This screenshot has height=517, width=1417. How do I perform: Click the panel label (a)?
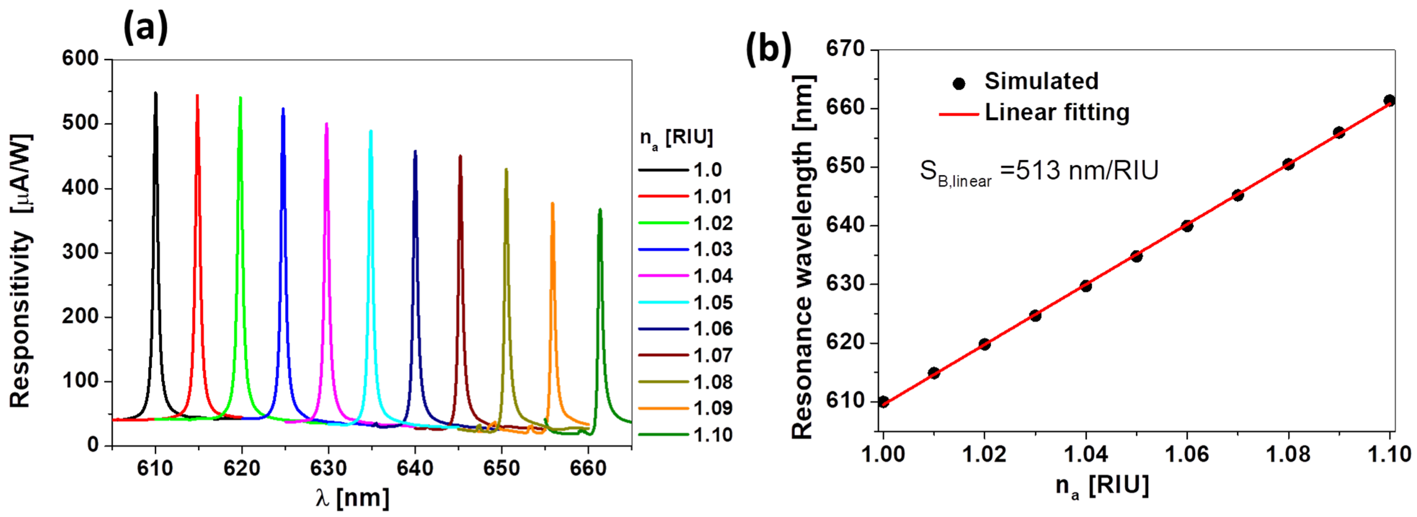145,27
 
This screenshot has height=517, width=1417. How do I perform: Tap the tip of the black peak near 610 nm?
156,93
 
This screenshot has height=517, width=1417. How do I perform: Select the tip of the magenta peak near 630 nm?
327,124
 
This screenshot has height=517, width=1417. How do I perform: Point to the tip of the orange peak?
552,204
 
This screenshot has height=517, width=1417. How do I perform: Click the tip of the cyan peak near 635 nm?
371,131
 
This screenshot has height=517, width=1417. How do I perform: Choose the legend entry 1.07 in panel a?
713,355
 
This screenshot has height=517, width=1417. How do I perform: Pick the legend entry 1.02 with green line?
713,223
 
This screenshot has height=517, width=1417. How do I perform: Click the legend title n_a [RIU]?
676,137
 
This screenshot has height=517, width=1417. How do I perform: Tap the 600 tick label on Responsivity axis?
80,58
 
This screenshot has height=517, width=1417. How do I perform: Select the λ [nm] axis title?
352,498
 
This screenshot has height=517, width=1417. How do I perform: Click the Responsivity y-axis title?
21,270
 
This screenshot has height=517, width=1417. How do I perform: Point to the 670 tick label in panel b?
845,50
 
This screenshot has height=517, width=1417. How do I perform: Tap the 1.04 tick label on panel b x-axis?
1085,454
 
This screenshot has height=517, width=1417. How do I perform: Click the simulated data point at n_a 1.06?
1187,226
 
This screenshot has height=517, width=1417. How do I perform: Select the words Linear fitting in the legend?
1057,112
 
